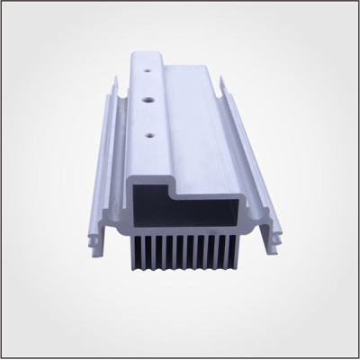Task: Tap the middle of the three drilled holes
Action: point(146,93)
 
